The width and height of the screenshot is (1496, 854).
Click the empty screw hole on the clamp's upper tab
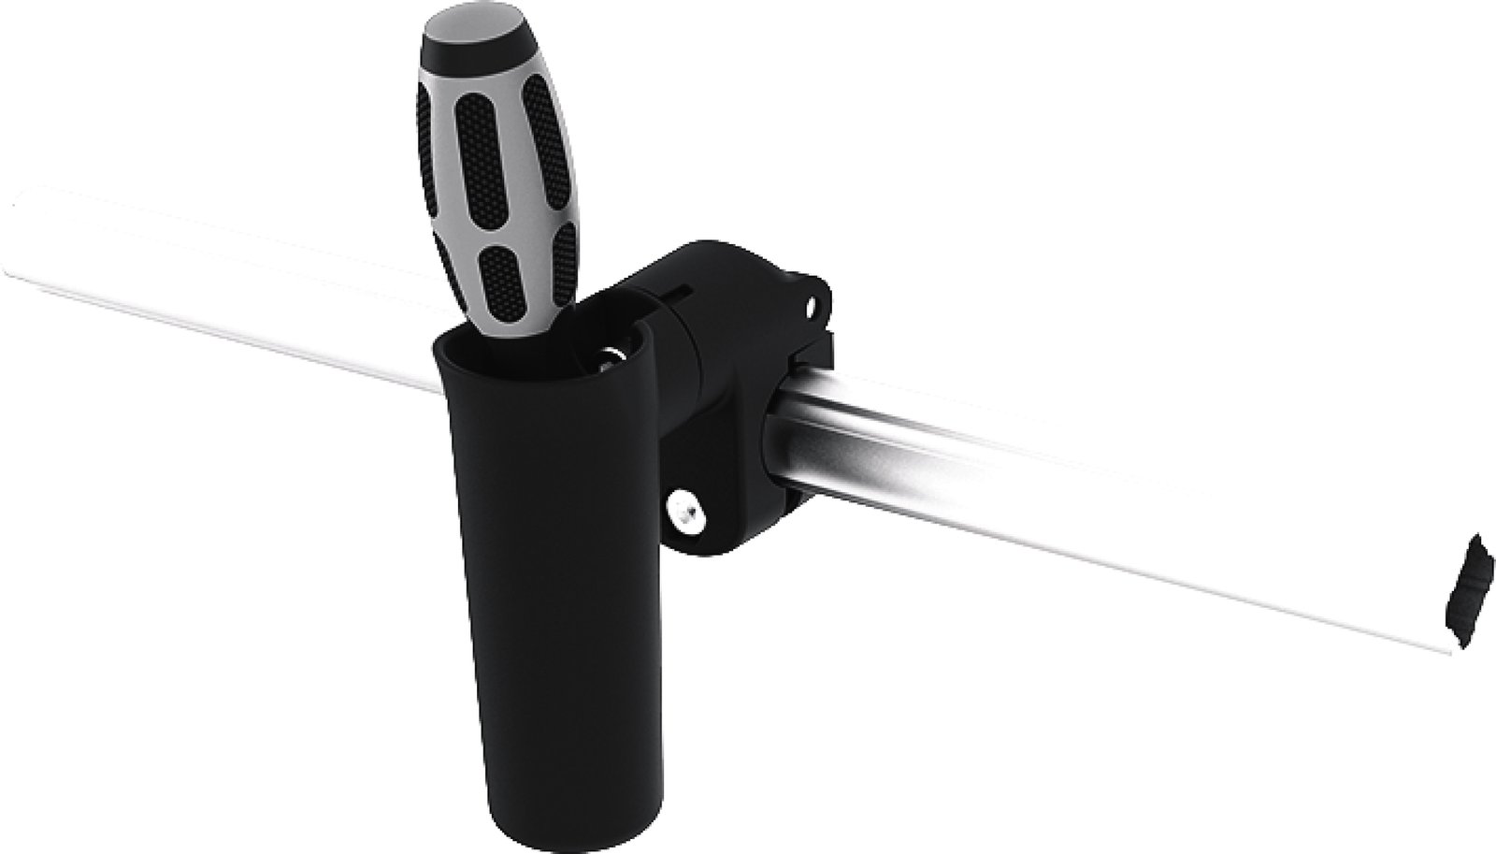coord(813,306)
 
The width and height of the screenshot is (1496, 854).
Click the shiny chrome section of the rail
coord(935,477)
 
